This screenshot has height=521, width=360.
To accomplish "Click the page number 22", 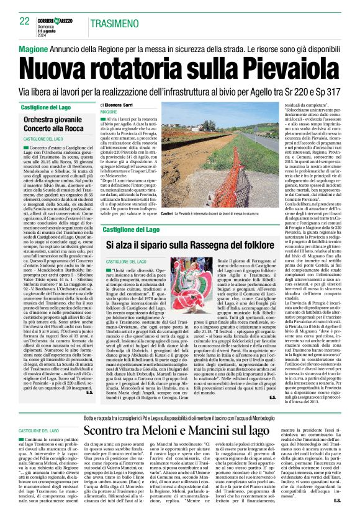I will (24, 20).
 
